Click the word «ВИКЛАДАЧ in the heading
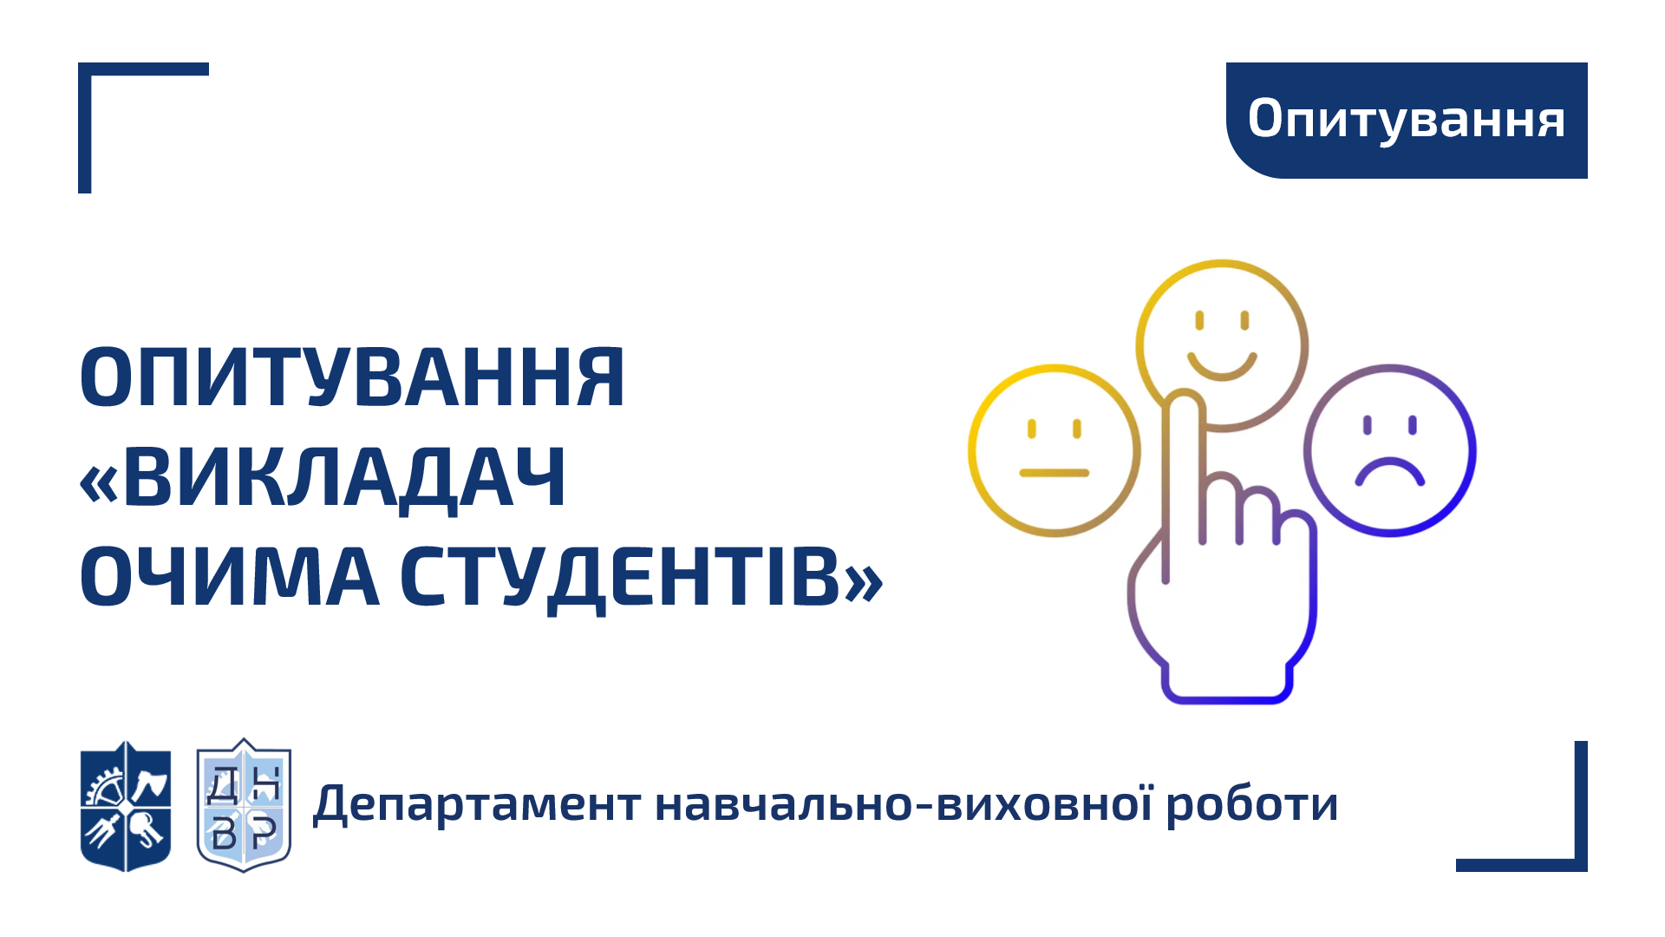pos(323,478)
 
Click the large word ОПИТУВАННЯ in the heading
pos(352,377)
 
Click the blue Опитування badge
pos(1407,121)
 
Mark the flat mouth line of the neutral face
pos(1054,473)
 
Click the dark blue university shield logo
pos(126,806)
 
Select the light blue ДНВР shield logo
pos(244,806)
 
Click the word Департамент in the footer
pos(477,805)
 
